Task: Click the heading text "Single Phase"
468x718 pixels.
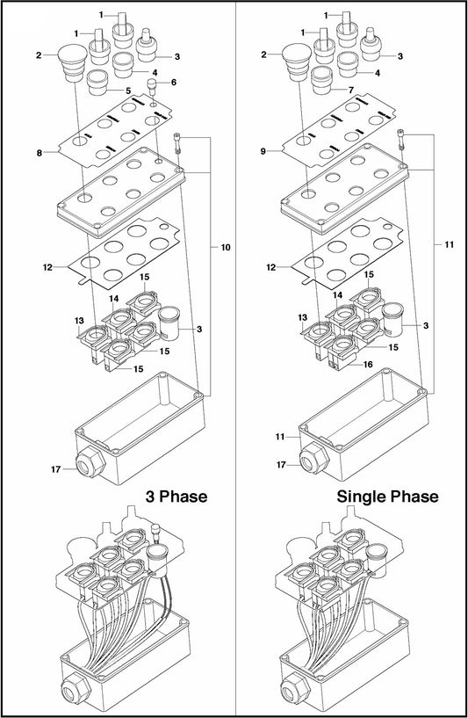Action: click(x=387, y=497)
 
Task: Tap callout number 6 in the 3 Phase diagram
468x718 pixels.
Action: click(x=174, y=83)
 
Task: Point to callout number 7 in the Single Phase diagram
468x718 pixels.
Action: click(x=351, y=91)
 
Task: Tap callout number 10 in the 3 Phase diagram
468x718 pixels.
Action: click(x=225, y=249)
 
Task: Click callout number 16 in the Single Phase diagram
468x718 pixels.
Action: click(x=369, y=363)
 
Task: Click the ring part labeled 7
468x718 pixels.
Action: click(x=326, y=84)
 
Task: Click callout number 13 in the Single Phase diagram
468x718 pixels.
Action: click(x=304, y=316)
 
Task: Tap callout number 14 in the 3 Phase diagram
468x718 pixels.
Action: click(x=113, y=298)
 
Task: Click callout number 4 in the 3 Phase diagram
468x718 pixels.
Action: click(x=155, y=72)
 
